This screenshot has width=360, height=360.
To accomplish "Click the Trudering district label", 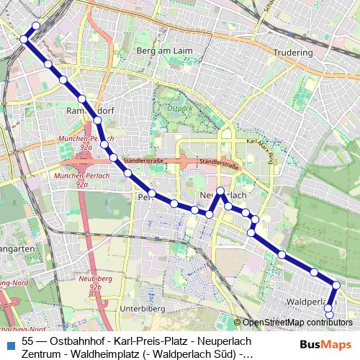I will click(293, 53).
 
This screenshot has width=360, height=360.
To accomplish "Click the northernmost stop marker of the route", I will click(36, 26).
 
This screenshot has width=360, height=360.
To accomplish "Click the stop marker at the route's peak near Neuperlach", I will click(220, 192).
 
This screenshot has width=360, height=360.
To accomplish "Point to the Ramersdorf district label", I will click(86, 112).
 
